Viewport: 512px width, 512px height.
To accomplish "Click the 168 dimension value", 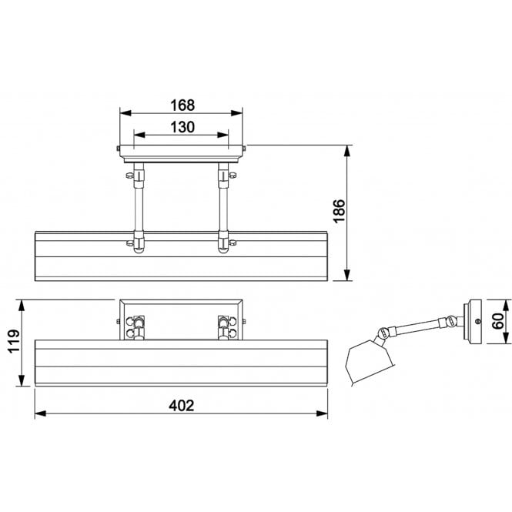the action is [182, 105].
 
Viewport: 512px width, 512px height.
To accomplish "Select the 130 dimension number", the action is [182, 127].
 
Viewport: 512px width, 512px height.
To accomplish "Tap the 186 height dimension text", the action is [339, 211].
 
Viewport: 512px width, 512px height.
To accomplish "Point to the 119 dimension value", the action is [14, 342].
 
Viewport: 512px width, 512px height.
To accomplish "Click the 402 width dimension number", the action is [182, 406].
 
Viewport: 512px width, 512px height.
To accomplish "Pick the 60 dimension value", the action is [498, 321].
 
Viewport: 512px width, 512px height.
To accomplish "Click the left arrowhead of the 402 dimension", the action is [40, 413].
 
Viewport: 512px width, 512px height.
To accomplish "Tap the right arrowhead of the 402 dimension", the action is [322, 413].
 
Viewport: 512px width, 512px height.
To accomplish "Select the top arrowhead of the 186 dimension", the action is [347, 151].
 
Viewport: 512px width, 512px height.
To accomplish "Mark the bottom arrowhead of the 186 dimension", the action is [347, 275].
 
